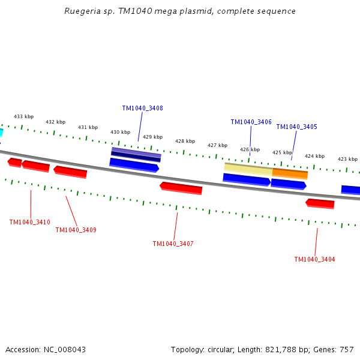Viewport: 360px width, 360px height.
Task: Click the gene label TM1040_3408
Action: pos(142,109)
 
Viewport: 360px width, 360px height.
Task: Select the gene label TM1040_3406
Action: pos(251,122)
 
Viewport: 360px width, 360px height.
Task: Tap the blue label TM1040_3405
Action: pos(296,127)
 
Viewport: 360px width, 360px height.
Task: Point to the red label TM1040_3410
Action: pos(29,222)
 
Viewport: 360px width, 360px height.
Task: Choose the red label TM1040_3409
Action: pos(76,230)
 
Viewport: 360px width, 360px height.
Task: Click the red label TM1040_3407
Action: pos(173,244)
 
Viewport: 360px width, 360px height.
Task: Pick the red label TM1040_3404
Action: pos(314,259)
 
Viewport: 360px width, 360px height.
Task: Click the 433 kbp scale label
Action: pos(24,116)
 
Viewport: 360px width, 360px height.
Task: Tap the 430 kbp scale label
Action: pos(120,132)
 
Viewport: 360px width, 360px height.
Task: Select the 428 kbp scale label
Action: pos(185,141)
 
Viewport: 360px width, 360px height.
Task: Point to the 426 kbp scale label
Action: pos(250,149)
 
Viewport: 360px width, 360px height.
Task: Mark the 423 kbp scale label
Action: pos(347,159)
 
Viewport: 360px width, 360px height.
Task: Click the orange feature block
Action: pos(290,173)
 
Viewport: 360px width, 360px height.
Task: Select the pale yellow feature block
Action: pos(248,169)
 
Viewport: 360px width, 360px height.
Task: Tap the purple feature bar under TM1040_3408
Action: pos(136,153)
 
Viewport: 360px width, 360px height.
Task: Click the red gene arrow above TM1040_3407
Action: pos(181,188)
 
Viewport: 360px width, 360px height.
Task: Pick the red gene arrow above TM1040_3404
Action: pos(320,203)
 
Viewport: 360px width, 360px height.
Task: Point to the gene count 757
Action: pos(346,349)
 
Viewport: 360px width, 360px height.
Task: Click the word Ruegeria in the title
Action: pos(82,11)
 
